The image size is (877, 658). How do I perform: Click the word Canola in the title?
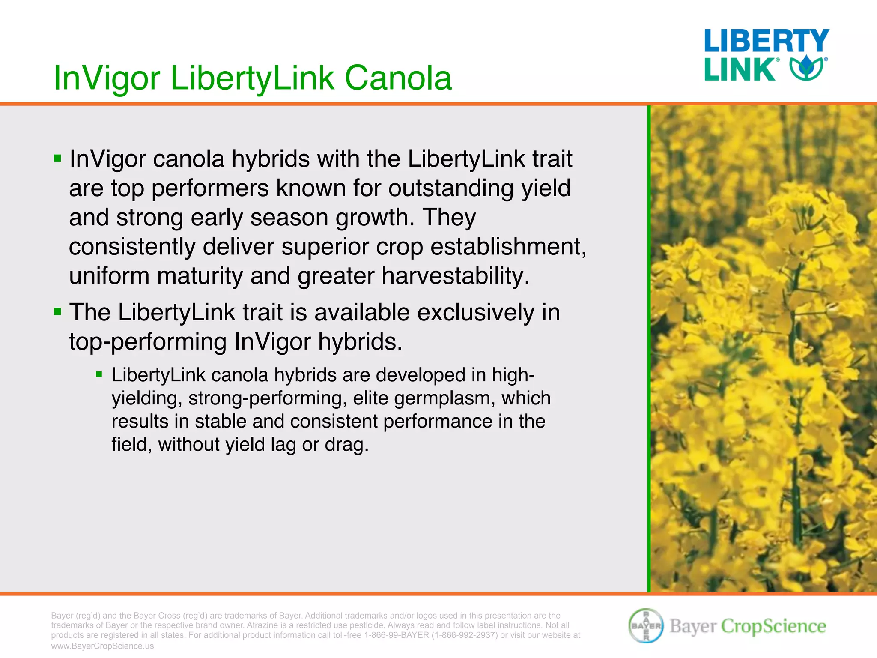pyautogui.click(x=398, y=78)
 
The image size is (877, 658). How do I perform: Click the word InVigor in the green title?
pyautogui.click(x=107, y=78)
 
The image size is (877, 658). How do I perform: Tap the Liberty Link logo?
pyautogui.click(x=766, y=55)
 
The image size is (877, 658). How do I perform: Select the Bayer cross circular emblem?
pyautogui.click(x=646, y=625)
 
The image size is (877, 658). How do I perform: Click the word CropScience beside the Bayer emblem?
pyautogui.click(x=773, y=626)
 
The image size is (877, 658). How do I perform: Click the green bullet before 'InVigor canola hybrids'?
pyautogui.click(x=58, y=159)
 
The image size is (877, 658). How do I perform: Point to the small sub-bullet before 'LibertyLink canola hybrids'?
pyautogui.click(x=99, y=375)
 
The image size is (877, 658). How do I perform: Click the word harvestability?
pyautogui.click(x=456, y=276)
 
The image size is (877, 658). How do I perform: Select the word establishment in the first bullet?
pyautogui.click(x=508, y=247)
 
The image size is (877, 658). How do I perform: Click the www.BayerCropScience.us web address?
pyautogui.click(x=102, y=646)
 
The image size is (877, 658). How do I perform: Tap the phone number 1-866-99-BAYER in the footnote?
pyautogui.click(x=396, y=635)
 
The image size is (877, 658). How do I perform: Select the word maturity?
pyautogui.click(x=200, y=276)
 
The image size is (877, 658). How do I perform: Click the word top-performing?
pyautogui.click(x=148, y=342)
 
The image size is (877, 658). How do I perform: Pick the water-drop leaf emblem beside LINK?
pyautogui.click(x=807, y=68)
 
